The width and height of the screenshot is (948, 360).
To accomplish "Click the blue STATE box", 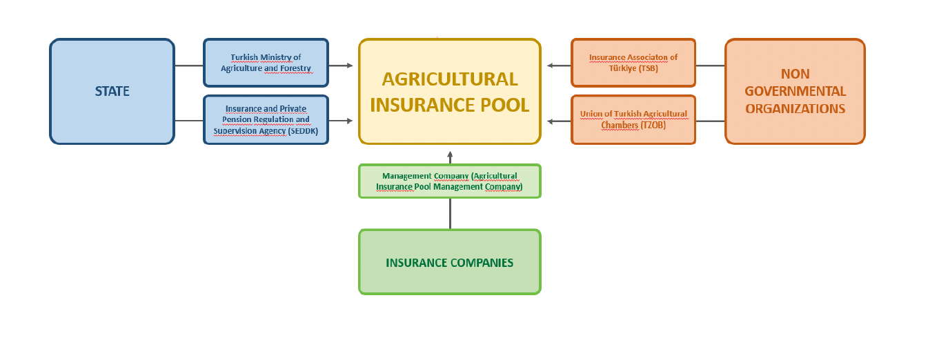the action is [x=112, y=91].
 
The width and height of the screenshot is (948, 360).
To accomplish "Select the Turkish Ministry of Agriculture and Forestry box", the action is [x=266, y=63].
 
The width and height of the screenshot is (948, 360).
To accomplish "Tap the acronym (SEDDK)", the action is [x=303, y=131].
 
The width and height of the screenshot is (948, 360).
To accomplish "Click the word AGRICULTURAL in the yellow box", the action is [x=450, y=79].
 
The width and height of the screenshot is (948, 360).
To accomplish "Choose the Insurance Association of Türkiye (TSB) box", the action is [x=633, y=63].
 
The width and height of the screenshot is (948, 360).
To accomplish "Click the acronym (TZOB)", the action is [x=653, y=126].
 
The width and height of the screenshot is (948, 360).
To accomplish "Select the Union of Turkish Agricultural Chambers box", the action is [x=633, y=120].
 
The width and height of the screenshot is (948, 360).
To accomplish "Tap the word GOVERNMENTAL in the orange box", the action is [x=796, y=91].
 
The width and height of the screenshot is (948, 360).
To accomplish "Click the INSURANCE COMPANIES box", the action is [x=450, y=262].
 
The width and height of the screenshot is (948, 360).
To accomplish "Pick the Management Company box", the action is [x=450, y=181].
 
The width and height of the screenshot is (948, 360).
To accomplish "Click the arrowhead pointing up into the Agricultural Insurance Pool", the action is [x=450, y=154].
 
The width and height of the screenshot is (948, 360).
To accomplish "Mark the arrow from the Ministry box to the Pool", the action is [x=341, y=66].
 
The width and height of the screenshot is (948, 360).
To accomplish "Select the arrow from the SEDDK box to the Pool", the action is [x=341, y=121].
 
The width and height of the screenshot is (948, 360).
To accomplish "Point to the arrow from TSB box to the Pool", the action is [x=559, y=66].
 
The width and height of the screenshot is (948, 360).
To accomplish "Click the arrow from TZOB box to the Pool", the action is [x=559, y=121].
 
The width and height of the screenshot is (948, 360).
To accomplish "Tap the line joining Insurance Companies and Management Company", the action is [x=450, y=214].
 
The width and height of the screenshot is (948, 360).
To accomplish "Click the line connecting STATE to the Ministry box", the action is [x=189, y=66].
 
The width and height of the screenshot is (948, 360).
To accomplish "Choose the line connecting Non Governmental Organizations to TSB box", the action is [x=711, y=66].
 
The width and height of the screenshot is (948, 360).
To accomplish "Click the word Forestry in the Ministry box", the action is [x=295, y=68].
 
